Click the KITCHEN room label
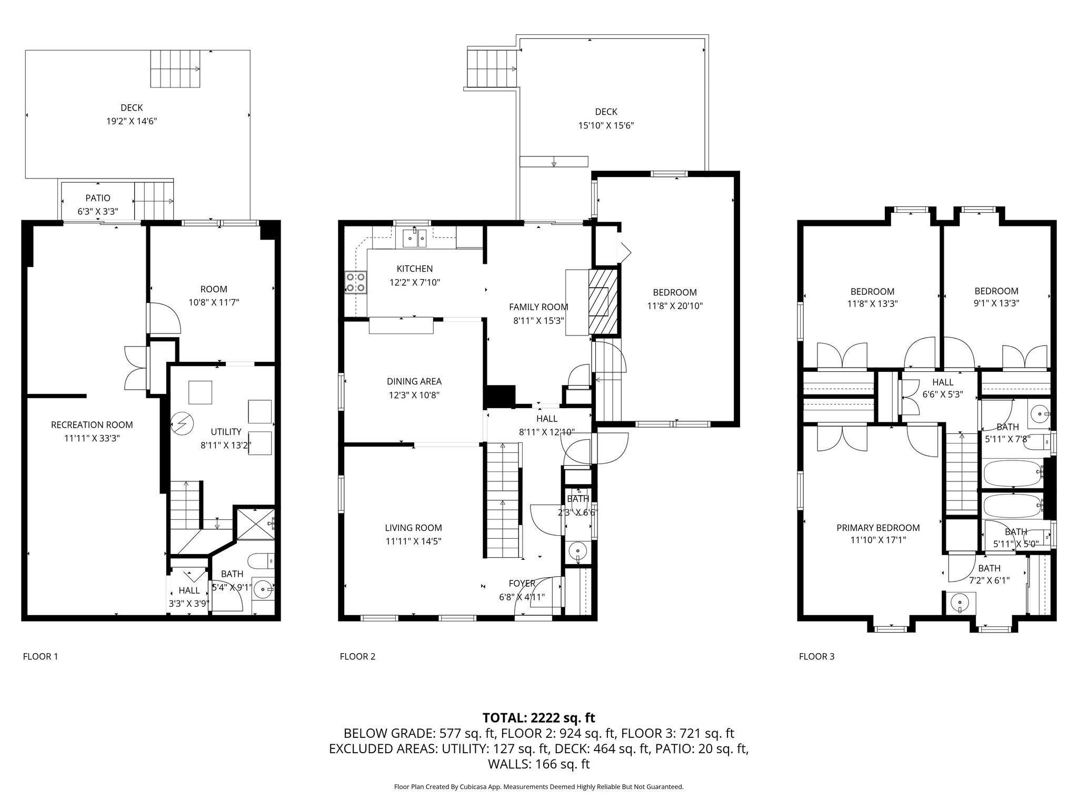coord(415,269)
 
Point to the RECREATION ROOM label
coord(92,425)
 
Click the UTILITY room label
coord(226,432)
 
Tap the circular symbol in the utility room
coord(183,422)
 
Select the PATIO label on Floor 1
coord(98,198)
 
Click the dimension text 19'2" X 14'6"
coord(132,121)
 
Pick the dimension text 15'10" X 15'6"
coord(606,125)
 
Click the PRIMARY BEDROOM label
coord(878,528)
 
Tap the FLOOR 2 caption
coord(357,656)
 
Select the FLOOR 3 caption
coord(816,656)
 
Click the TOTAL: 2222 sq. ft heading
coord(538,717)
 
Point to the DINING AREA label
coord(414,381)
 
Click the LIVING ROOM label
coord(413,528)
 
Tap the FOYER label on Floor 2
coord(522,583)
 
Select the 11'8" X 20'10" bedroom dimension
coord(674,305)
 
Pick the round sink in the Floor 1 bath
coord(262,589)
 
